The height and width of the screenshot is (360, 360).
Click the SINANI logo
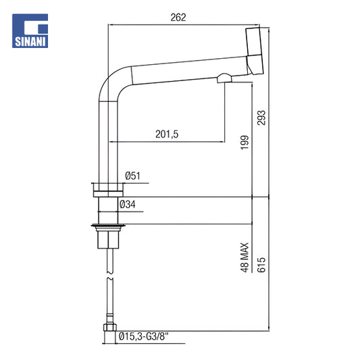(30, 31)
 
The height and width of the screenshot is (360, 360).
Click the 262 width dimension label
(178, 18)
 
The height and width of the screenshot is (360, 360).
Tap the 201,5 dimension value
(167, 134)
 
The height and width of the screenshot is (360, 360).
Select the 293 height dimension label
(261, 118)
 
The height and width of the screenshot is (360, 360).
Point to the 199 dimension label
(245, 143)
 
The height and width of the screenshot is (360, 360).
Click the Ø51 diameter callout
(132, 176)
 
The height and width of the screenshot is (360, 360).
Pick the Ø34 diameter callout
(128, 205)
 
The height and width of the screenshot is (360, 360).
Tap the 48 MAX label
(245, 257)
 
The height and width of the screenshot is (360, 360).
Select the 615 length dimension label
(261, 265)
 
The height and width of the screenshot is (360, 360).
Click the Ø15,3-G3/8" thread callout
(143, 337)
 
